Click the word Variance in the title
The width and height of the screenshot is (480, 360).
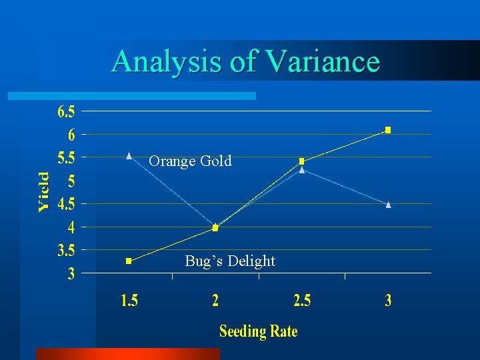pyautogui.click(x=323, y=61)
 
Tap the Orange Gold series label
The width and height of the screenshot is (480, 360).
pyautogui.click(x=190, y=161)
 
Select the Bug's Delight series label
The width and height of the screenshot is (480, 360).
pyautogui.click(x=230, y=261)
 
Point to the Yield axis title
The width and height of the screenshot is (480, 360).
pyautogui.click(x=43, y=192)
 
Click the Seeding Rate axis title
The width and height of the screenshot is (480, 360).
pyautogui.click(x=258, y=331)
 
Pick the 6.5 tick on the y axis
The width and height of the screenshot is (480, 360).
pyautogui.click(x=67, y=111)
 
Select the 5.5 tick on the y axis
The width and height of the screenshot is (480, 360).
pyautogui.click(x=67, y=158)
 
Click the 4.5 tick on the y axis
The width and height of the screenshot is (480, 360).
pyautogui.click(x=67, y=204)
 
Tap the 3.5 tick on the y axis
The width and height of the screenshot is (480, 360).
pyautogui.click(x=67, y=251)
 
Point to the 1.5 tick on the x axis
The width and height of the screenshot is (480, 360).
pyautogui.click(x=129, y=301)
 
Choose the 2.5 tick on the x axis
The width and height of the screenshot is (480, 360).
pyautogui.click(x=302, y=301)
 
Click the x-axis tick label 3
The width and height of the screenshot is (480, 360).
pyautogui.click(x=389, y=301)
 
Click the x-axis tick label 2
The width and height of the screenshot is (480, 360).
pyautogui.click(x=215, y=301)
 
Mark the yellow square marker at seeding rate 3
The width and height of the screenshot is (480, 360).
pyautogui.click(x=389, y=130)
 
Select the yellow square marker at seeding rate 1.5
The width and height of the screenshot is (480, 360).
pyautogui.click(x=129, y=261)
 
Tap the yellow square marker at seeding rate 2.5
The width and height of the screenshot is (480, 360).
pyautogui.click(x=302, y=161)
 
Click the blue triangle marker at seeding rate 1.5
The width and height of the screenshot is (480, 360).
pyautogui.click(x=129, y=155)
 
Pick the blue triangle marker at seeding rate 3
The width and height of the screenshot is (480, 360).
pyautogui.click(x=389, y=205)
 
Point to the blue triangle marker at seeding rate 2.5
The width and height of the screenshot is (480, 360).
pyautogui.click(x=302, y=170)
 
